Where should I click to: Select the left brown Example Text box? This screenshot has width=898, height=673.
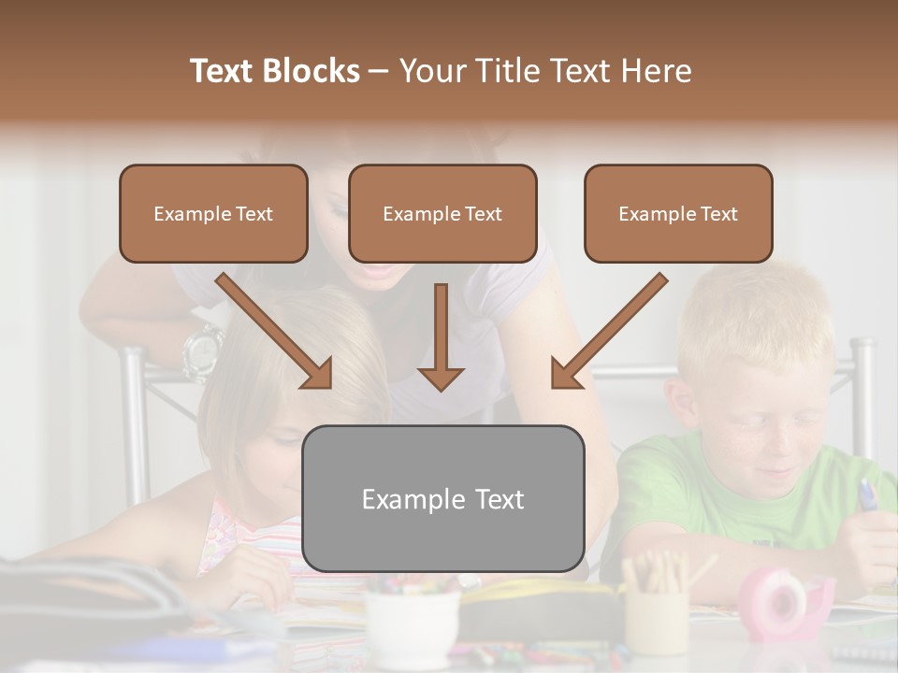[x=213, y=213]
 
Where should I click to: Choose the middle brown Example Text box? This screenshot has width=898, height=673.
[x=442, y=213]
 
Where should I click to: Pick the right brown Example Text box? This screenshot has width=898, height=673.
[x=678, y=213]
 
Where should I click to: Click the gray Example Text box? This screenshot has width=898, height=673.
[x=442, y=498]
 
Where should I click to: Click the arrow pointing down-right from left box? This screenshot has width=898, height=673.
[x=276, y=332]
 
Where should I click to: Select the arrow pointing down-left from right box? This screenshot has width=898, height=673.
[x=608, y=332]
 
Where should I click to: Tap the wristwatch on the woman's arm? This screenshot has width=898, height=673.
[x=202, y=351]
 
